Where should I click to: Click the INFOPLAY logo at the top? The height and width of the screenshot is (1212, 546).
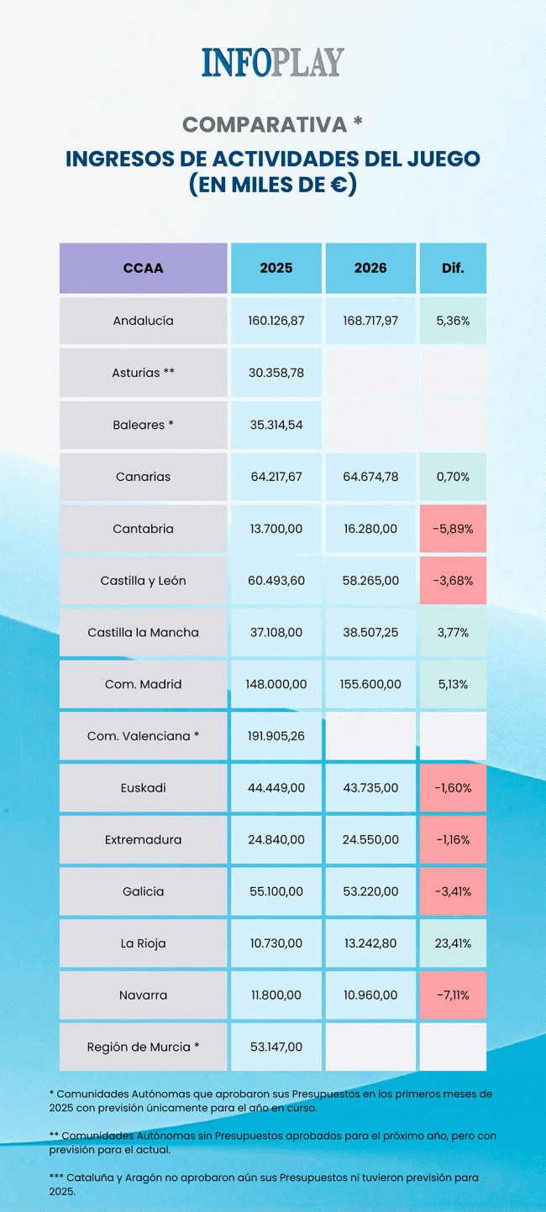pos(272,63)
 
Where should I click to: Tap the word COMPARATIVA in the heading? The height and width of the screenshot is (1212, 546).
pos(265,125)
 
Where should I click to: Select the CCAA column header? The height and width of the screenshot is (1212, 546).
pos(143,269)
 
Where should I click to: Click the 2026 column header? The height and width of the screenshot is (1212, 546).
pos(370,269)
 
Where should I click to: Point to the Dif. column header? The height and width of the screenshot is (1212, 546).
pos(453,269)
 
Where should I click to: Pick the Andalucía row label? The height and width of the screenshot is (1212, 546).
pos(143,321)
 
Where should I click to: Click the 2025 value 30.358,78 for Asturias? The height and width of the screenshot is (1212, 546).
pos(276,373)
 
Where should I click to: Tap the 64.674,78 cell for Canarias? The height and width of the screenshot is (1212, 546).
pos(370,477)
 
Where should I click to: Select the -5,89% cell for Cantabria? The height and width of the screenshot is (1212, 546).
pos(453,529)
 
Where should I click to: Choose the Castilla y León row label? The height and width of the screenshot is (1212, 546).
pos(143,581)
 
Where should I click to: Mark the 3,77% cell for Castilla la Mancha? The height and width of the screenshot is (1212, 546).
pos(453,632)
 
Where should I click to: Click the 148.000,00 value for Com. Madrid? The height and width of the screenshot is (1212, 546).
pos(276,684)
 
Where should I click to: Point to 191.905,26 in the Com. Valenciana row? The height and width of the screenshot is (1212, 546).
pos(276,736)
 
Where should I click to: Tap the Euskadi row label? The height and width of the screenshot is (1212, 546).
pos(143,788)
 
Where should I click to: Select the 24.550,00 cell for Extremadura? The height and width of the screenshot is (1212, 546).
pos(370,839)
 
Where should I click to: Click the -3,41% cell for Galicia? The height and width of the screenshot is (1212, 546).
pos(453,891)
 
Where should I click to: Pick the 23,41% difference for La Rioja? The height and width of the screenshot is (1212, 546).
pos(453,943)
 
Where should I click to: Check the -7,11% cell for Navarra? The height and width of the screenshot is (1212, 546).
pos(453,995)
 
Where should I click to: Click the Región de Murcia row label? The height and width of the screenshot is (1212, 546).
pos(143,1047)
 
